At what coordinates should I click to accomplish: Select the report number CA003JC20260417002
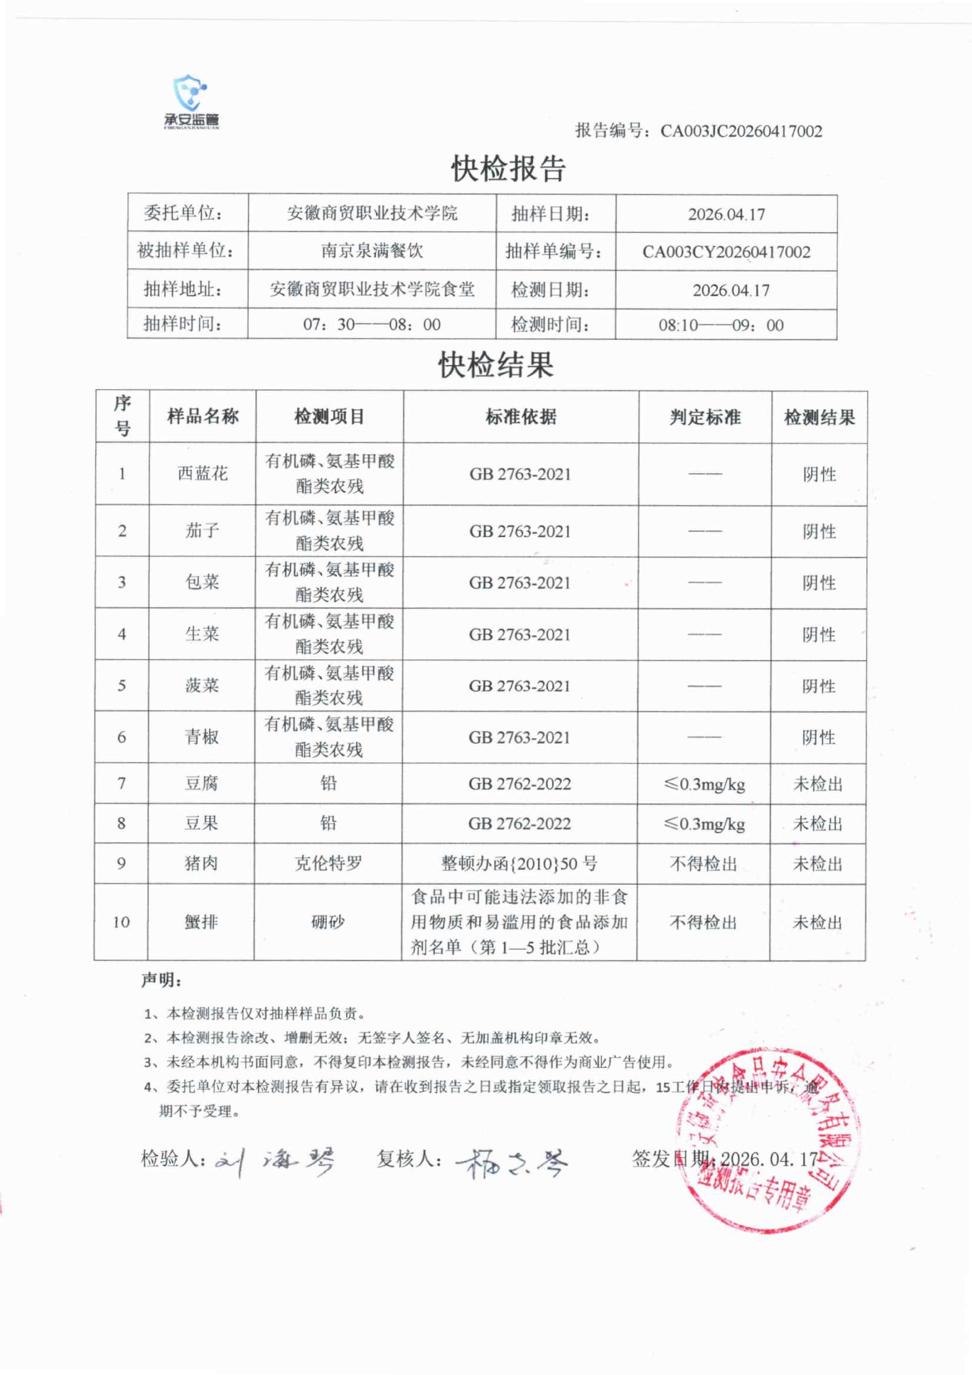pos(741,131)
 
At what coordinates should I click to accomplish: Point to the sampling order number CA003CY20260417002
pos(726,252)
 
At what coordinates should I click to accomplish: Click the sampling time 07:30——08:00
pos(372,325)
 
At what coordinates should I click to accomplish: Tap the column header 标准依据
pos(521,417)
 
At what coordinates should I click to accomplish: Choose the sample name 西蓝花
pos(202,474)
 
